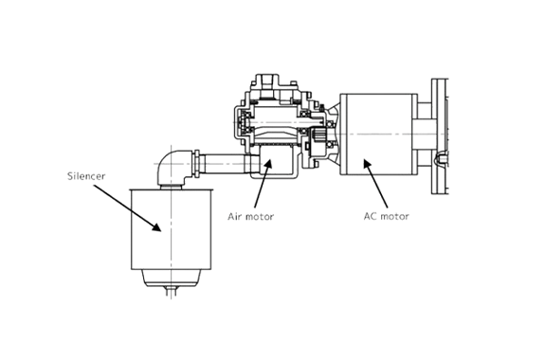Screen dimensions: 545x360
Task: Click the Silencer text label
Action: tap(86, 176)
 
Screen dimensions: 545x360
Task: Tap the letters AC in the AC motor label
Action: tap(370, 216)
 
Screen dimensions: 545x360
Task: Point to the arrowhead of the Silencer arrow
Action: tap(156, 226)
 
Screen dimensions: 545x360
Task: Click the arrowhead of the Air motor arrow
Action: tap(267, 164)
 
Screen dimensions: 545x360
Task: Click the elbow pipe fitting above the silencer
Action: tap(173, 166)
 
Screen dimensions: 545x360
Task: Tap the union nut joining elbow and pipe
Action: tap(197, 164)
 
